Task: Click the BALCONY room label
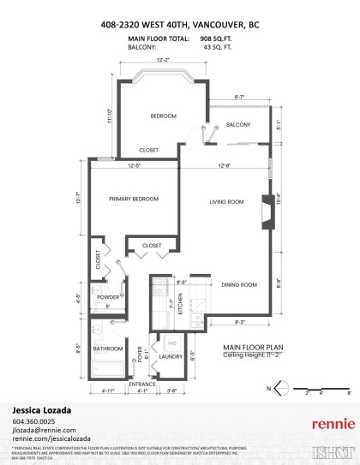(x=239, y=125)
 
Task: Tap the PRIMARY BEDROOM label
(x=134, y=199)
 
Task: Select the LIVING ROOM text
(x=228, y=202)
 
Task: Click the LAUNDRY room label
(x=171, y=356)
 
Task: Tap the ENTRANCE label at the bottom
(x=142, y=384)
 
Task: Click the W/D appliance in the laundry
(x=171, y=342)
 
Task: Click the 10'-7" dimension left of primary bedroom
(x=78, y=198)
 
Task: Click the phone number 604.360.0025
(x=34, y=421)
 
